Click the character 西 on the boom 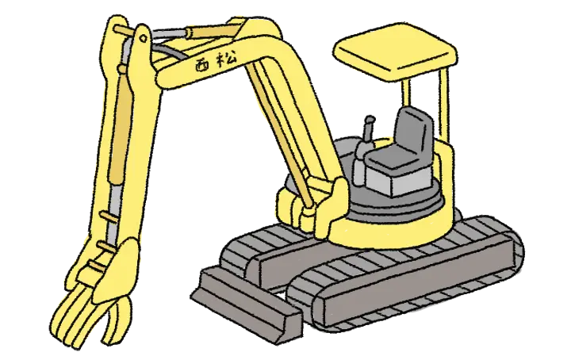coord(202,65)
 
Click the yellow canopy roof coord(395,52)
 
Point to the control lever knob coord(370,120)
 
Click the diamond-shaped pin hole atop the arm coord(144,37)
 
